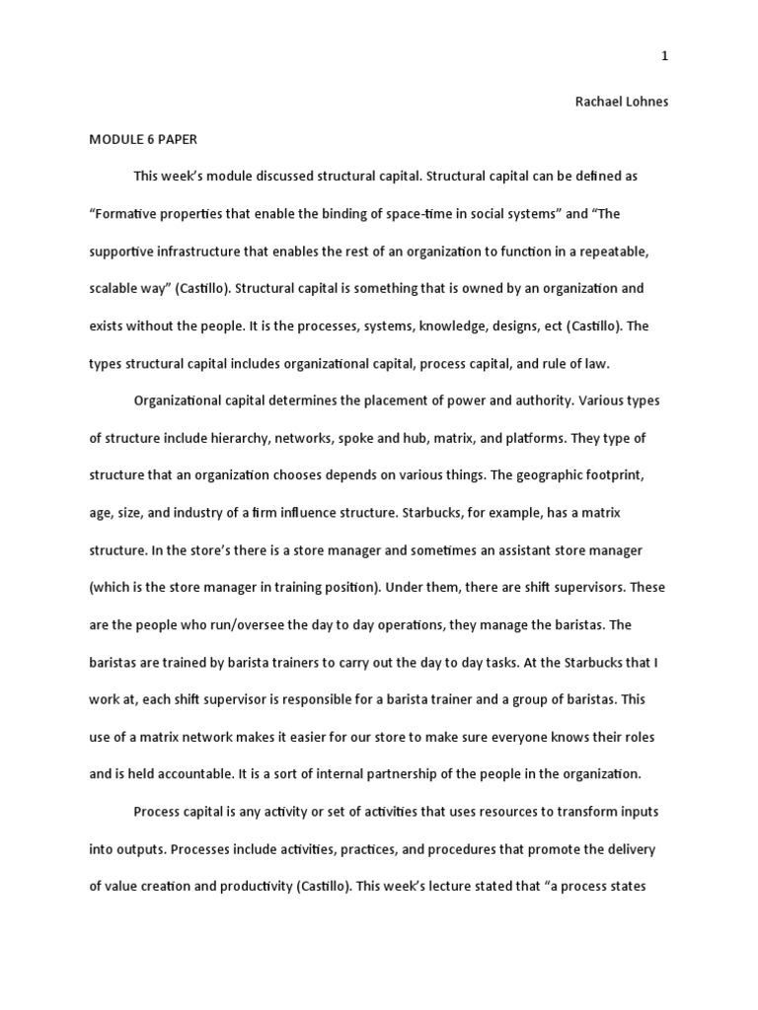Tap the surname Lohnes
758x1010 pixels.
pyautogui.click(x=647, y=103)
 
